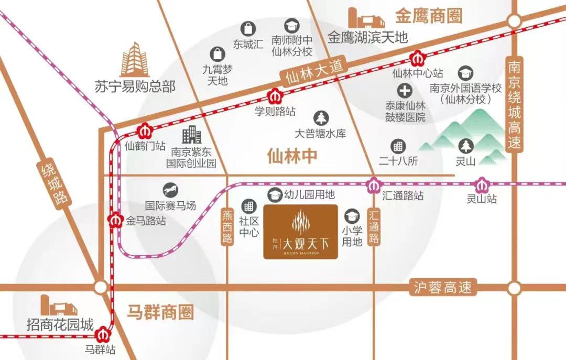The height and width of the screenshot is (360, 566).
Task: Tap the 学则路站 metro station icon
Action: [x=275, y=96]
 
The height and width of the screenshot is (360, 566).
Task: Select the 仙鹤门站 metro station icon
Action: [x=144, y=130]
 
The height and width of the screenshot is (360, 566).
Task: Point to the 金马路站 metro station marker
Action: [x=115, y=220]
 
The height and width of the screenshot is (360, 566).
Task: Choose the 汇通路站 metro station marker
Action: [x=374, y=184]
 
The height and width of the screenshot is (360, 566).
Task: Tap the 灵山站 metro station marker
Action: [x=481, y=184]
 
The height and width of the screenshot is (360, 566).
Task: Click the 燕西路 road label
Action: [x=227, y=227]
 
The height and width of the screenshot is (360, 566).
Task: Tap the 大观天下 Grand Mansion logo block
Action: [x=300, y=232]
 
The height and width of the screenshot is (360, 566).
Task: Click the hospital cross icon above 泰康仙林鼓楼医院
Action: [x=404, y=90]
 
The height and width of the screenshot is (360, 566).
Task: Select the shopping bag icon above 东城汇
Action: [x=247, y=28]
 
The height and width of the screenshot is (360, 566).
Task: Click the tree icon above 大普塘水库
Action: [x=320, y=118]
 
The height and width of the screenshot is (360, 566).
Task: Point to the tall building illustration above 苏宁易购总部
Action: [x=135, y=60]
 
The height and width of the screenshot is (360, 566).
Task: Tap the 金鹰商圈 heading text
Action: [x=429, y=16]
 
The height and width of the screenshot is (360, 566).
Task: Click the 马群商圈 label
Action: [x=160, y=313]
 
